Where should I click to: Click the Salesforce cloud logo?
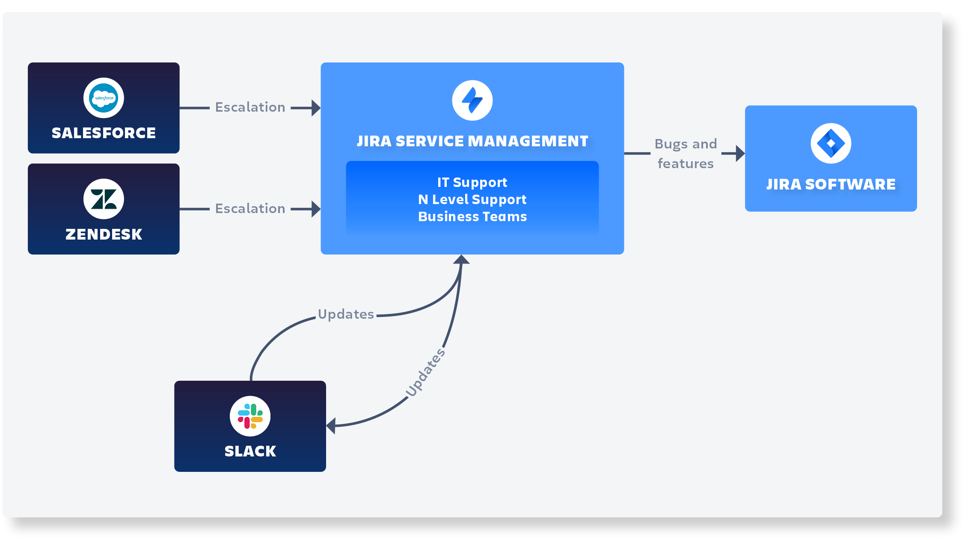pos(104,98)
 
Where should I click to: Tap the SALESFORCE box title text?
pos(104,133)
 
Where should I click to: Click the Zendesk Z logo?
pos(104,199)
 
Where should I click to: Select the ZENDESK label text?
pos(104,234)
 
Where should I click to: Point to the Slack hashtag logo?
pos(250,416)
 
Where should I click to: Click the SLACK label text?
pos(250,451)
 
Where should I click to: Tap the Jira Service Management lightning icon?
pos(472,101)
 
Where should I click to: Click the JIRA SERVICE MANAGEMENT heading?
pos(472,141)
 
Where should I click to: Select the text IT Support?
pos(472,183)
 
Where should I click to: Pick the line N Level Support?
pos(472,200)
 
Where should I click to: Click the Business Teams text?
pos(472,217)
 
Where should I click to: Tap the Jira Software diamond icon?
pos(831,143)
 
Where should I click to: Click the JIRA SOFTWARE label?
pos(831,184)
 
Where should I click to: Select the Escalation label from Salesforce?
pos(250,107)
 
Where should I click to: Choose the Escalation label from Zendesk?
pos(250,208)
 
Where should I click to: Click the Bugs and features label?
pos(686,154)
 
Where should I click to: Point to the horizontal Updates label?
pos(346,314)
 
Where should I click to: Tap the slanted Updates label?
pos(425,373)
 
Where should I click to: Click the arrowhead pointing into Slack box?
pos(330,426)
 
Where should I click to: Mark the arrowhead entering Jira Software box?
pos(740,153)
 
